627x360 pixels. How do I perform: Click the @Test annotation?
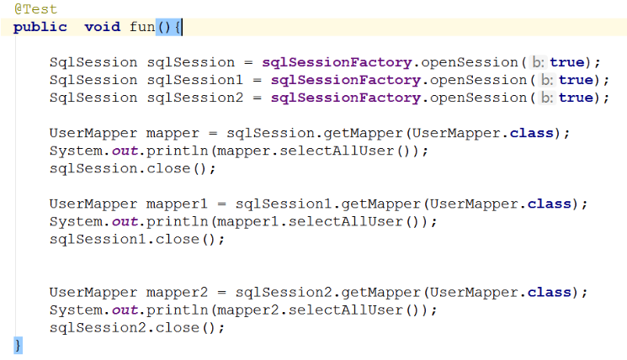coord(35,9)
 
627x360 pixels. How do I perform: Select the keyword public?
coord(40,27)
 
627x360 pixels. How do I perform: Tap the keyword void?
coord(102,27)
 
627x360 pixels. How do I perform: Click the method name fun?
coord(142,27)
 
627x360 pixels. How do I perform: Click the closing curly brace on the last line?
coord(18,345)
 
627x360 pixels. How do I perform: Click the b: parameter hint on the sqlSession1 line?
coord(546,80)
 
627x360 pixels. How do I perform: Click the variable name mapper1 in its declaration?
coord(178,204)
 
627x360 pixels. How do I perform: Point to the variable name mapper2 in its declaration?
coord(178,292)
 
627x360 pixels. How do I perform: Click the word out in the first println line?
coord(125,151)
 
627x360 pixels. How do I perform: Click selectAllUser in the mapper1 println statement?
coord(354,221)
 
